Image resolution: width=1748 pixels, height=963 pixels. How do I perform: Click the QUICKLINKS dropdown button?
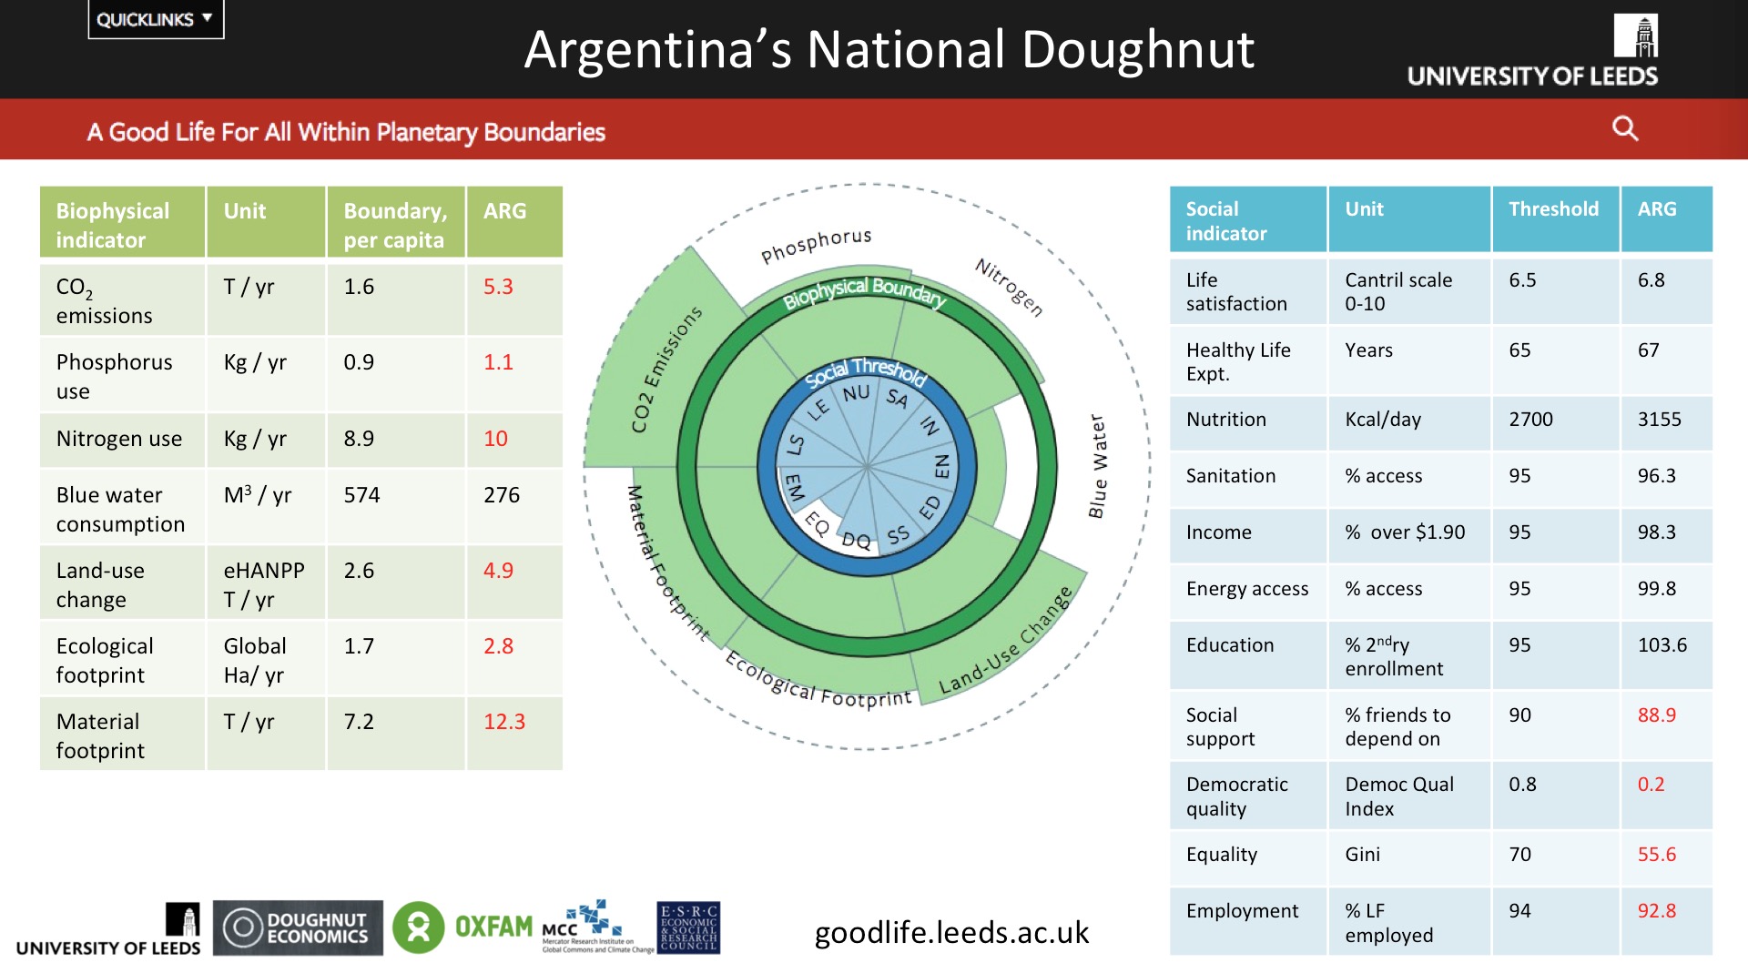[x=155, y=19]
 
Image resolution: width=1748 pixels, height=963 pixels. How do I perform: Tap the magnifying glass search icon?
[x=1625, y=128]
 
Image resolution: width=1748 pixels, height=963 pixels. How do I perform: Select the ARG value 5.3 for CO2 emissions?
[x=498, y=287]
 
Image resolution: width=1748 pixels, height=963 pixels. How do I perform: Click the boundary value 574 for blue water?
[x=361, y=495]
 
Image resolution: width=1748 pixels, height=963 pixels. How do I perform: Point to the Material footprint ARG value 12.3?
[x=504, y=722]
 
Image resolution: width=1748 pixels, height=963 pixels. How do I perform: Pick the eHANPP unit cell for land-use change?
[x=264, y=571]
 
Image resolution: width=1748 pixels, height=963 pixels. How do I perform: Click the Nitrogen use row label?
[x=119, y=439]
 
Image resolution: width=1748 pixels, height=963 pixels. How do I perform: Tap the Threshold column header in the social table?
[x=1553, y=209]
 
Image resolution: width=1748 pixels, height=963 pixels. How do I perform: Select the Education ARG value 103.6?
[x=1662, y=645]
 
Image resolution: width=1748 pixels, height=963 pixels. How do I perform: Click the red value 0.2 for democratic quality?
[x=1651, y=785]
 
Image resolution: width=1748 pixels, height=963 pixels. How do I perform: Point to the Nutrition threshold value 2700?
[x=1530, y=420]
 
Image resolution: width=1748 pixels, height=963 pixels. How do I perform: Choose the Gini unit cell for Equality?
[x=1362, y=855]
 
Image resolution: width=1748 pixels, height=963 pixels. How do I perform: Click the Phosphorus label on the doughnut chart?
[x=816, y=245]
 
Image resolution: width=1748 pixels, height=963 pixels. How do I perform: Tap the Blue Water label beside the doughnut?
[x=1098, y=466]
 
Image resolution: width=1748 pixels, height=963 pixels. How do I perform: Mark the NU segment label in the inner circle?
[x=856, y=393]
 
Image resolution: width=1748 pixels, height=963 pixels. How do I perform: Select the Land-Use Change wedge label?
[x=1006, y=641]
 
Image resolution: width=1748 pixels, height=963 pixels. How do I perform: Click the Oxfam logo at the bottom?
[x=462, y=928]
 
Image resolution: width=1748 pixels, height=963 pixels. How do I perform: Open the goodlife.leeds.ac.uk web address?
[x=951, y=932]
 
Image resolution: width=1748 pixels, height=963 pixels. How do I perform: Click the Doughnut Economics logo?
[x=298, y=928]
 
